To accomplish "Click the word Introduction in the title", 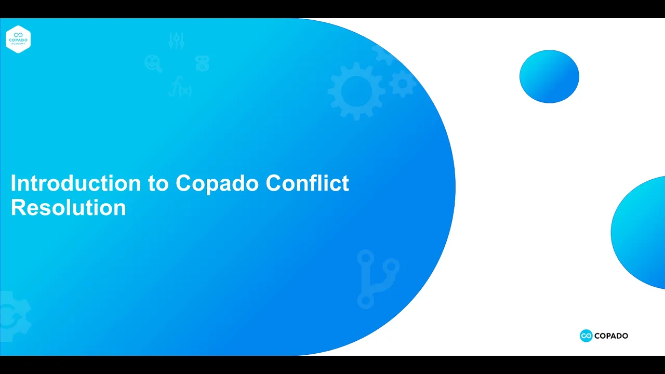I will pos(75,183).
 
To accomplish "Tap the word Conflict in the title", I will pos(307,183).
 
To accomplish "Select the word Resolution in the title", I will pos(68,208).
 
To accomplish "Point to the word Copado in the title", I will pos(218,183).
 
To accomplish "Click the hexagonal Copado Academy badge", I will pos(18,39).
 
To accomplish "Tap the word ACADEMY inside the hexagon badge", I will pos(18,44).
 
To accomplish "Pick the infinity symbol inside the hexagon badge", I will pos(18,35).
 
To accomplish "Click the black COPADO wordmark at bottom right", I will pos(611,336).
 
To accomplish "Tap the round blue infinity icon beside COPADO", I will pos(586,336).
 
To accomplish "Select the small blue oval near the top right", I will pos(549,76).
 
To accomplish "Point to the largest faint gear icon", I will pos(356,91).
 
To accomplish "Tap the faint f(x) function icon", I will pos(180,88).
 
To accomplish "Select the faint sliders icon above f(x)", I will pos(177,41).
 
